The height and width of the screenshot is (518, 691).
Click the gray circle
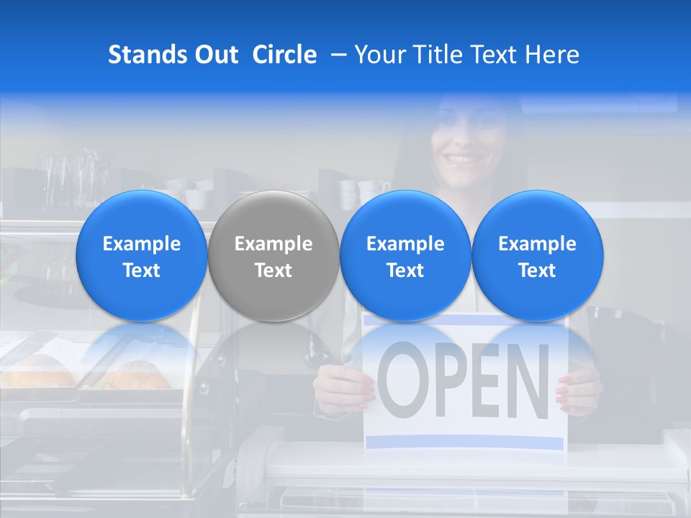pos(273,255)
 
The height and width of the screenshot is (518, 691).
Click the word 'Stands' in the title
pos(148,55)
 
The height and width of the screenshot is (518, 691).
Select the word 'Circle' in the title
pos(284,55)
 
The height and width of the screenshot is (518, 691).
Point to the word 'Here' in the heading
pos(553,55)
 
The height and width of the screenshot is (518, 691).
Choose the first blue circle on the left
pos(141,255)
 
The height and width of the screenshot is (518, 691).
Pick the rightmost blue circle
pos(537,255)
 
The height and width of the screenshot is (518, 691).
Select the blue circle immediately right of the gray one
pos(405,255)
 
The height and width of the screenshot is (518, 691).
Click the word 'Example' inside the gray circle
pos(274,244)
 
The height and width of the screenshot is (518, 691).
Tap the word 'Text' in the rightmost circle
pos(537,271)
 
